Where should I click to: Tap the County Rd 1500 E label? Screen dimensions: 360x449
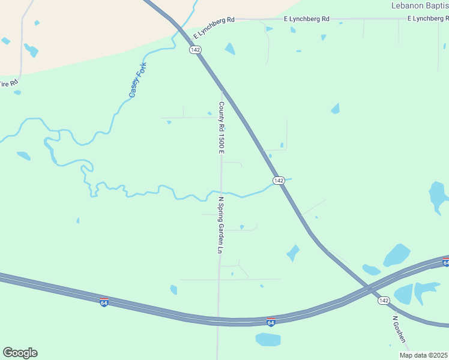click(x=221, y=127)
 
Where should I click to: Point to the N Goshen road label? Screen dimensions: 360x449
click(x=400, y=329)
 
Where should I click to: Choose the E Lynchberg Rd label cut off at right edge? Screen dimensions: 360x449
click(x=428, y=19)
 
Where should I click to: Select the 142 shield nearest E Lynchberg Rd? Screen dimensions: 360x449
click(x=194, y=50)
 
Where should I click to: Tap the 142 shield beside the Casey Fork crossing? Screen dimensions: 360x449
click(x=279, y=181)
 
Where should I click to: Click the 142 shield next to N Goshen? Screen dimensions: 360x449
click(x=384, y=301)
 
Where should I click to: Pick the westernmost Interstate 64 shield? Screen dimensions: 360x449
click(x=104, y=303)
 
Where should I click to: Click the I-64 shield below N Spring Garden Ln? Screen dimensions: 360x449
click(x=271, y=322)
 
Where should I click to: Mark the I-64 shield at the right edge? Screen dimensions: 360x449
click(x=446, y=262)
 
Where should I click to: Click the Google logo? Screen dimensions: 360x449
click(x=20, y=353)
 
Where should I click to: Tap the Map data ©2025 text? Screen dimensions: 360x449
click(x=423, y=355)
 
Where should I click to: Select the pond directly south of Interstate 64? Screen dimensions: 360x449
click(x=268, y=340)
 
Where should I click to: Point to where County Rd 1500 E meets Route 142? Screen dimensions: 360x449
click(x=222, y=91)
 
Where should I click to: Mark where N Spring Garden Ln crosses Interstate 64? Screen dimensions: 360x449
click(x=218, y=321)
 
